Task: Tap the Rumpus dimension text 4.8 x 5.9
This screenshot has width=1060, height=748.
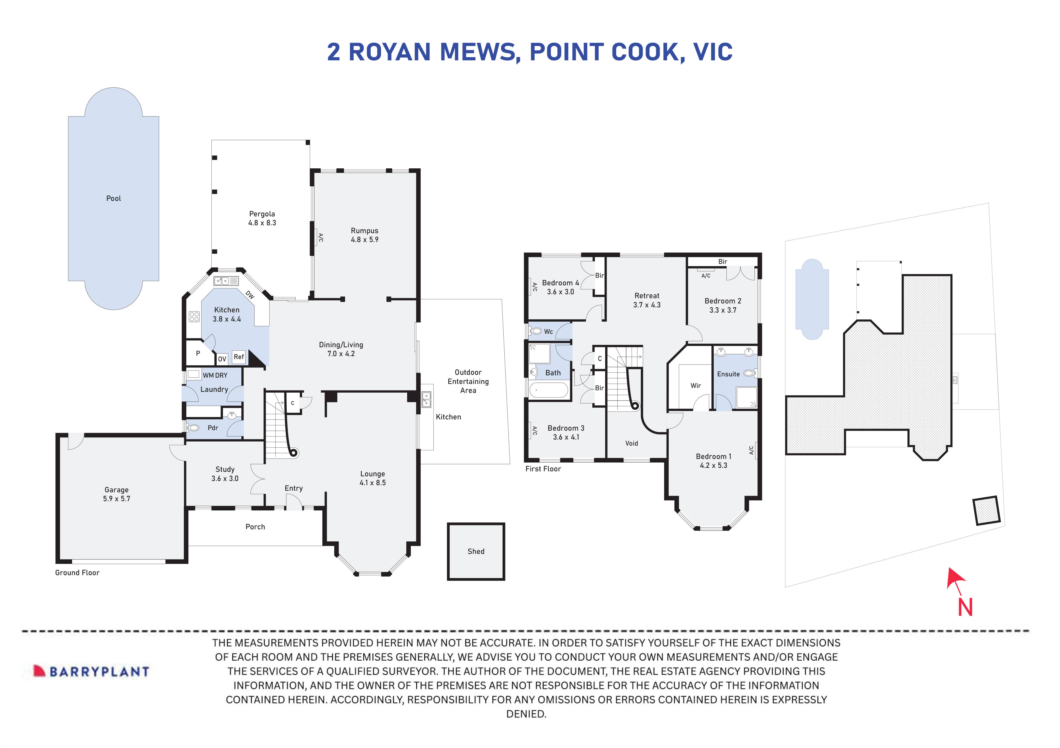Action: pos(364,240)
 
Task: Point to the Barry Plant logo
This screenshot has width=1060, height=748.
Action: pos(91,671)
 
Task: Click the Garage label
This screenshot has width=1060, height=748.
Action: pos(116,490)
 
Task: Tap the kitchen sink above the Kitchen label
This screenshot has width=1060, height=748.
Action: pos(226,281)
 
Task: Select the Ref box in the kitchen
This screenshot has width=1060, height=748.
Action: pos(239,357)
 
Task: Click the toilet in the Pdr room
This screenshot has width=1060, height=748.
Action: pos(193,428)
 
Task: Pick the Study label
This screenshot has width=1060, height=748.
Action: pos(225,469)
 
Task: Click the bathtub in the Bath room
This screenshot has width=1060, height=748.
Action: pos(548,391)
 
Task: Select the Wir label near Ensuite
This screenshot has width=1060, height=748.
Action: pos(695,386)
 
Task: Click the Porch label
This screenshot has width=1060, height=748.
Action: pos(255,527)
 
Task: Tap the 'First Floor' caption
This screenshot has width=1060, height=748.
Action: pos(543,469)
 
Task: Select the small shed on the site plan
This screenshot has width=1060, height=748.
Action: pos(986,511)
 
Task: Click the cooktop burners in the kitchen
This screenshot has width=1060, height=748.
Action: pos(194,317)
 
